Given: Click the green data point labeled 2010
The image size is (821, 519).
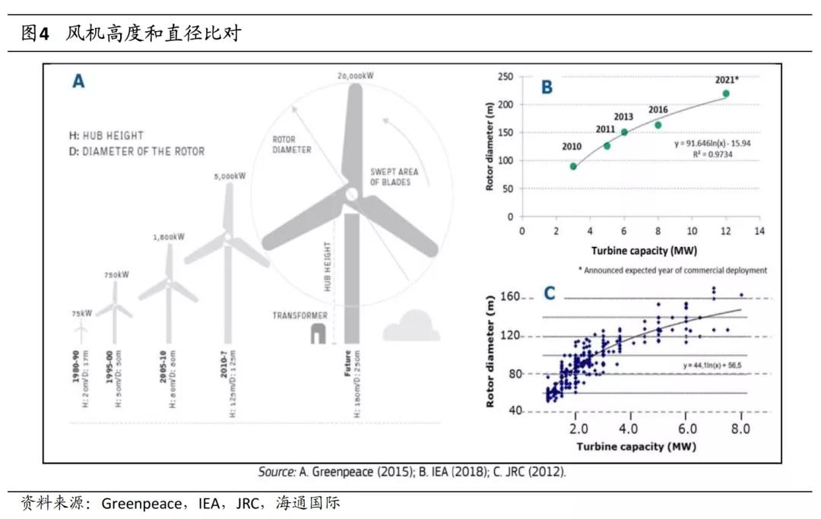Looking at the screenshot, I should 573,166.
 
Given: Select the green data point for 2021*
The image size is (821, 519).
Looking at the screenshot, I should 726,93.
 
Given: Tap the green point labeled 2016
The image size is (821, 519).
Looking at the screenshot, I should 658,125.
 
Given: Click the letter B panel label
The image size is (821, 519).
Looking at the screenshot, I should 546,87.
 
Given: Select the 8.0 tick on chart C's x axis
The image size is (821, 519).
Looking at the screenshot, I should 740,428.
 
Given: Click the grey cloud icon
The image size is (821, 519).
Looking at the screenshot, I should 411,327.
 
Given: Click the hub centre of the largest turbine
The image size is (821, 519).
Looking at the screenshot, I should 350,195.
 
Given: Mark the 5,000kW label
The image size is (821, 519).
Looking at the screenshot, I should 230,176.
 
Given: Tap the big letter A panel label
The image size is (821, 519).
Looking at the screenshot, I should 78,81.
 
